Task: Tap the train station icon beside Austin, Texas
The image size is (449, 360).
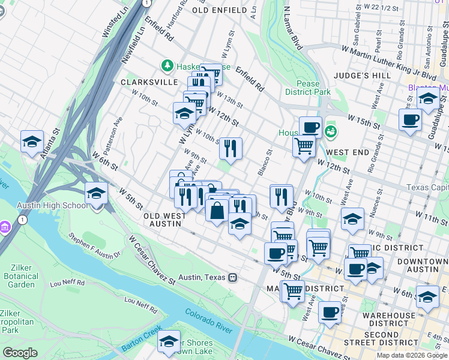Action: (x=232, y=277)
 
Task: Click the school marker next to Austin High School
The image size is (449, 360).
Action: (x=97, y=194)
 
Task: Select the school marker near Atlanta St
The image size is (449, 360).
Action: (x=32, y=142)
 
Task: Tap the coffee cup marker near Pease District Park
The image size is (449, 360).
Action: (x=310, y=127)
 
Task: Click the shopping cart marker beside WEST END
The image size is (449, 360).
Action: (x=304, y=145)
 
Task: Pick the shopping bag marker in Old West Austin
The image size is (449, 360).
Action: (x=217, y=211)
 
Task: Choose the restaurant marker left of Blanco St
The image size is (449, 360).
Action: (x=231, y=147)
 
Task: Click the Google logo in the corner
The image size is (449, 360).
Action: (x=20, y=353)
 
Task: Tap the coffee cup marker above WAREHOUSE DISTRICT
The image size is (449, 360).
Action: (x=330, y=312)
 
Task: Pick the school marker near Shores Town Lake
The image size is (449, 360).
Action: (x=169, y=341)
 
